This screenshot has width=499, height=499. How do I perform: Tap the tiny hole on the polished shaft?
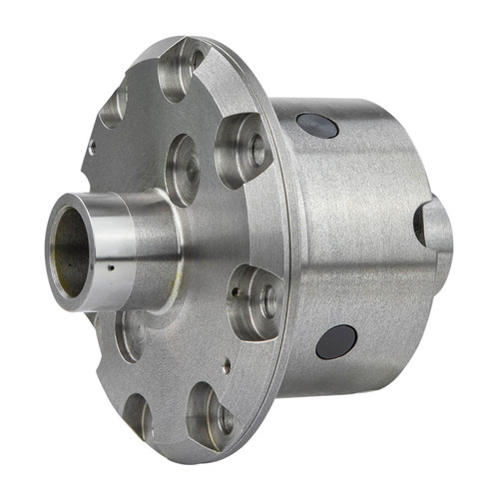(112, 269)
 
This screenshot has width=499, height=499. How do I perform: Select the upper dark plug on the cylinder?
(316, 125)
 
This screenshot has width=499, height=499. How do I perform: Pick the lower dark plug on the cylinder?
(336, 341)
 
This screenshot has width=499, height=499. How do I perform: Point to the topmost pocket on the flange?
(180, 70)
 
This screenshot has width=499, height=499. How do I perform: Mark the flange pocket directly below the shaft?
(130, 334)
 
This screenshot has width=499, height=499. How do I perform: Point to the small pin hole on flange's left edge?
(92, 147)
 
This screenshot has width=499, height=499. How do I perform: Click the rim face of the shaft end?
(52, 257)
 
